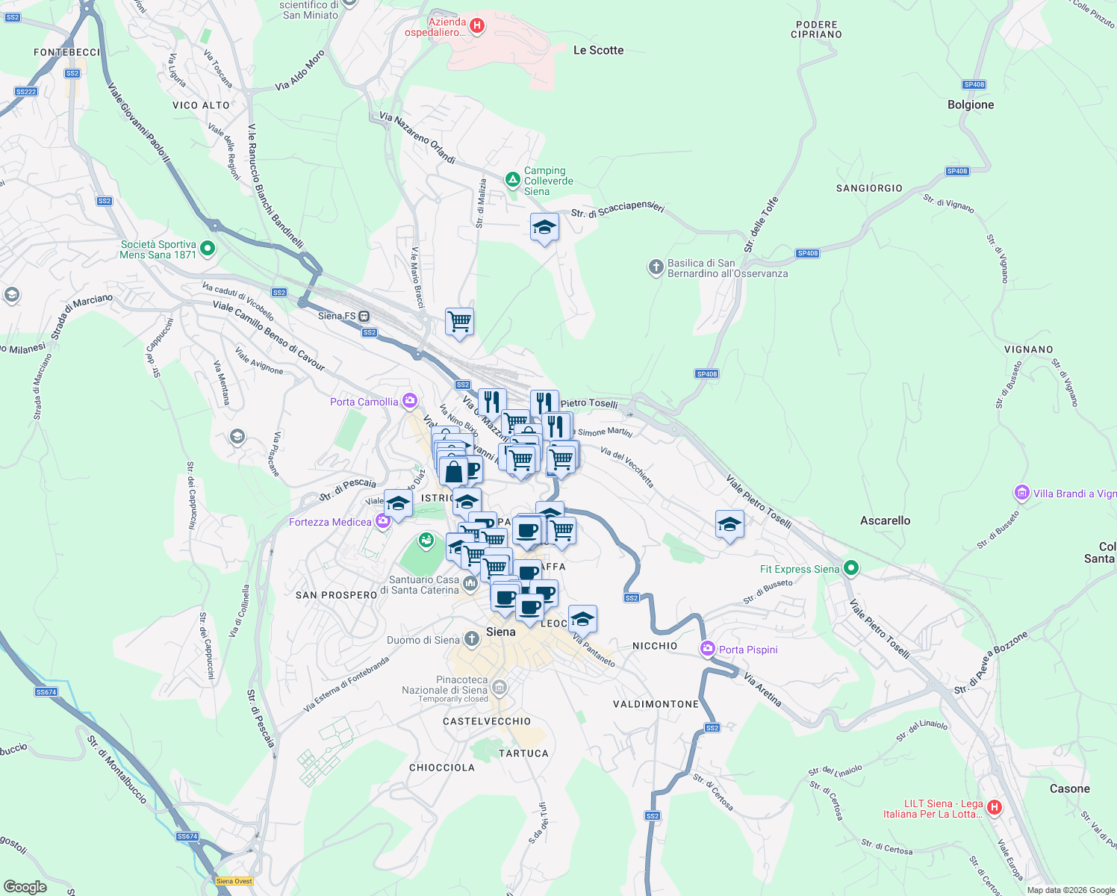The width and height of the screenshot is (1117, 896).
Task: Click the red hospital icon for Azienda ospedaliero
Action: (x=477, y=26)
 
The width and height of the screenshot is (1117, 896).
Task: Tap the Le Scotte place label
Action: (x=598, y=50)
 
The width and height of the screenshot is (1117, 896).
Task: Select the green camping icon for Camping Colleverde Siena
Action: (x=512, y=180)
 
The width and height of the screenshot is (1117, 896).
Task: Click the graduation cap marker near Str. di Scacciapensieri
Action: (x=544, y=228)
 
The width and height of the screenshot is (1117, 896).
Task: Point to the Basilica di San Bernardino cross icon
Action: (x=656, y=267)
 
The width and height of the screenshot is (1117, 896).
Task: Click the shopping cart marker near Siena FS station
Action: (x=459, y=322)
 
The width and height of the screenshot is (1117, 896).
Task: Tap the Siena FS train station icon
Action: (x=365, y=316)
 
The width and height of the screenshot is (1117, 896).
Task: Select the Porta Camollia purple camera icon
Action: (x=409, y=402)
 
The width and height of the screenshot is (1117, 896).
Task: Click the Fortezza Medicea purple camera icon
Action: (x=382, y=522)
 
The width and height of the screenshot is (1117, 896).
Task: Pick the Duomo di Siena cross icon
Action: (x=471, y=639)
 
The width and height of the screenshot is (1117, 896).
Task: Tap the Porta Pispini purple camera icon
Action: (x=708, y=649)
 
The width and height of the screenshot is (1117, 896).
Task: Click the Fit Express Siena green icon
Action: (x=850, y=569)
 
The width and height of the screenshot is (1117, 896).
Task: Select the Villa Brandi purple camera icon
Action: (x=1021, y=493)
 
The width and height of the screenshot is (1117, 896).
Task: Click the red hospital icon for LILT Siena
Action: (x=994, y=807)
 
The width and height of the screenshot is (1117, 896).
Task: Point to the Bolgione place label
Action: (x=971, y=105)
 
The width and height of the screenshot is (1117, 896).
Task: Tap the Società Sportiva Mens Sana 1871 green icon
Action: (x=208, y=249)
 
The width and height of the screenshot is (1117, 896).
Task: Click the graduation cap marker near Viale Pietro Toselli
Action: (x=729, y=525)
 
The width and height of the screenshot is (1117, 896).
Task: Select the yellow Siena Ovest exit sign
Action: (x=234, y=881)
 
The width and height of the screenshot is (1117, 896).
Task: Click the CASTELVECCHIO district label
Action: (x=487, y=721)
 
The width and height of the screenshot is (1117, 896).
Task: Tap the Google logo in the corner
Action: (x=25, y=886)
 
